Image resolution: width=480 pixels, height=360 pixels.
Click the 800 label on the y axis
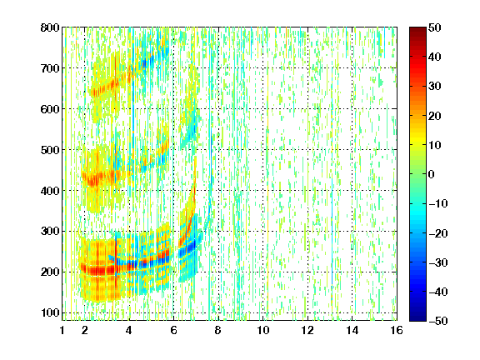point(50,27)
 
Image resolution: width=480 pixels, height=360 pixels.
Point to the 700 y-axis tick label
point(50,68)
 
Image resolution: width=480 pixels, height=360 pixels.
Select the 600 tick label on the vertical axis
point(50,109)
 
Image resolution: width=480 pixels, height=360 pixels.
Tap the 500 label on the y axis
point(50,150)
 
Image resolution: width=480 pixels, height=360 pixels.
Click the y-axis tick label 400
point(50,191)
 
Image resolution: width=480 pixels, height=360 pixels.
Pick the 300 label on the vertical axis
point(50,231)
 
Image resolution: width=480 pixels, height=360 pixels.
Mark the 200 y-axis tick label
point(50,272)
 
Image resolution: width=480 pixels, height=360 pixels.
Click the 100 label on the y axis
point(50,312)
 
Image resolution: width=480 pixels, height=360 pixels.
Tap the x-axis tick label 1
point(62,330)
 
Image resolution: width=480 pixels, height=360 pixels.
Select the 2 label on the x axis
point(85,330)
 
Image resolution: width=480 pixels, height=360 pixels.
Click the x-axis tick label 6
point(173,330)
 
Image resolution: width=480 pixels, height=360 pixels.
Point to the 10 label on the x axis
point(262,330)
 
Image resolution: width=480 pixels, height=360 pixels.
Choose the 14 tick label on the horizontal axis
point(352,330)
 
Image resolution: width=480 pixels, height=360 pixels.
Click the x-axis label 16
point(397,330)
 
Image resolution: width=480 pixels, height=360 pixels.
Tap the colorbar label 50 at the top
point(434,27)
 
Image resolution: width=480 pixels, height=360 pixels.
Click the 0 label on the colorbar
point(432,174)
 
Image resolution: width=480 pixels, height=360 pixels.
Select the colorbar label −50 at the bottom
point(438,321)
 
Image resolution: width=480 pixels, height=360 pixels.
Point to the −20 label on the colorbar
point(438,233)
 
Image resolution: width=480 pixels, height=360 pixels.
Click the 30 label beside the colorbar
point(434,86)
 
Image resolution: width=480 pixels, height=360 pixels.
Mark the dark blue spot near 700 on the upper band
point(145,63)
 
